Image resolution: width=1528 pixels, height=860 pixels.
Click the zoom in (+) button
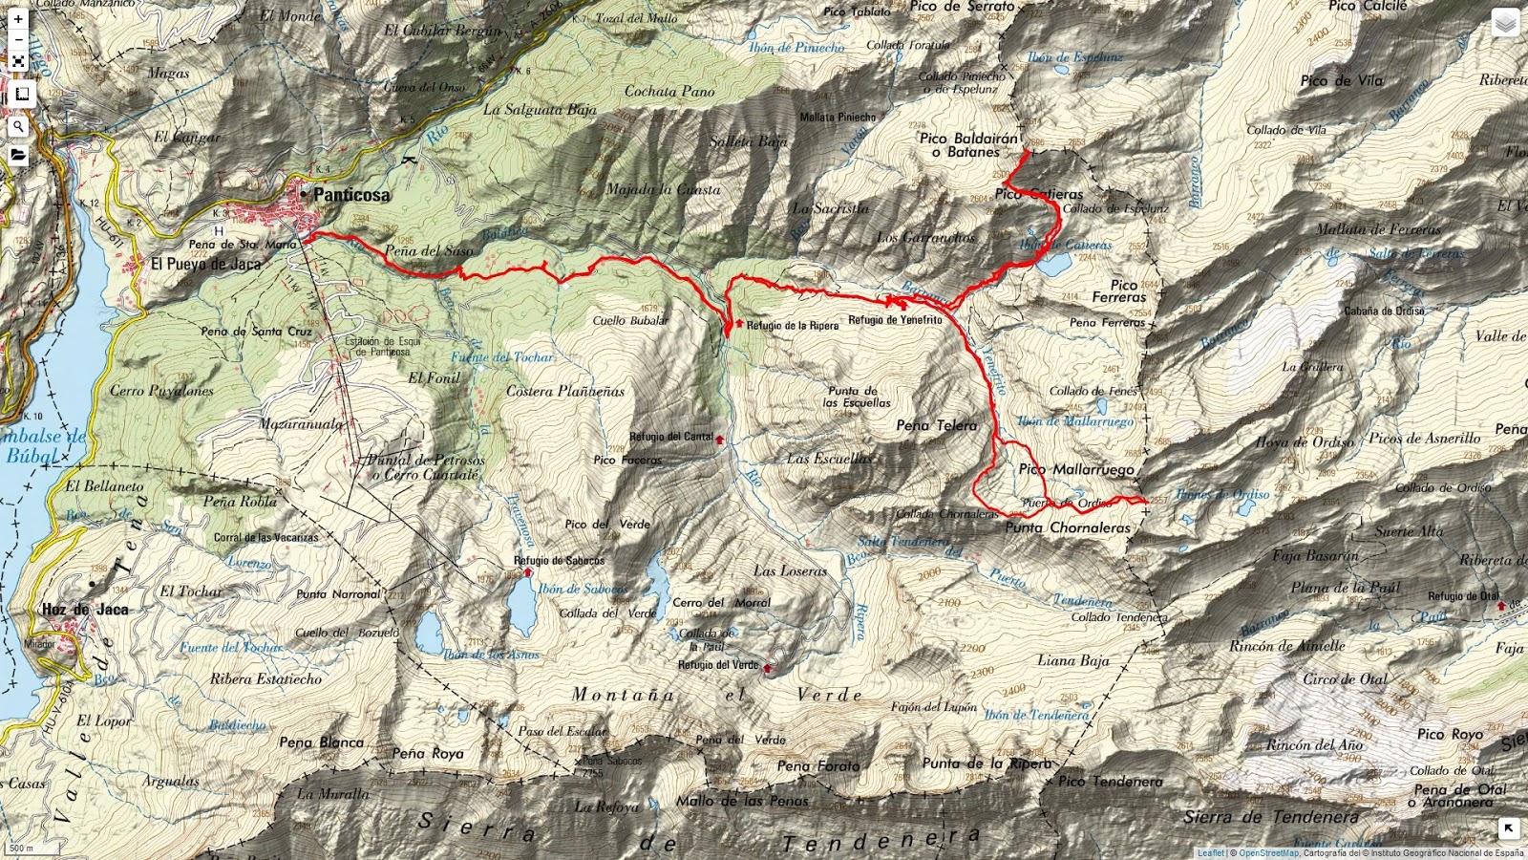pyautogui.click(x=18, y=19)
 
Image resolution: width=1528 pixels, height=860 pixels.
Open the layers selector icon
pyautogui.click(x=1505, y=23)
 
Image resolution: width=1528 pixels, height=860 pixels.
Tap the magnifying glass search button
pyautogui.click(x=18, y=125)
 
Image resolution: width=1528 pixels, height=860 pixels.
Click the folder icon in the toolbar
pyautogui.click(x=18, y=155)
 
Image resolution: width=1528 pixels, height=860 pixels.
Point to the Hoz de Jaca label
pyautogui.click(x=85, y=610)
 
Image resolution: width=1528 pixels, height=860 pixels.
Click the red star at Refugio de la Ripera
pyautogui.click(x=739, y=323)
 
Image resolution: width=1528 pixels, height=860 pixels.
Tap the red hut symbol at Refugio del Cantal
pyautogui.click(x=719, y=440)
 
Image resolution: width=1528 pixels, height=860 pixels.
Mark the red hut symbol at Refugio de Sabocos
pyautogui.click(x=527, y=571)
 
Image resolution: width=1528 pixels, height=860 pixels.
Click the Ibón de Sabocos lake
pyautogui.click(x=521, y=608)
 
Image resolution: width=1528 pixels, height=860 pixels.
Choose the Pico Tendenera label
pyautogui.click(x=1110, y=782)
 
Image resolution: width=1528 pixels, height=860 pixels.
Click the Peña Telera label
pyautogui.click(x=936, y=426)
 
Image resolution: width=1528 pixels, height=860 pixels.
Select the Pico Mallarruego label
pyautogui.click(x=1076, y=469)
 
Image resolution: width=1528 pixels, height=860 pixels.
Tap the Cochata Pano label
pyautogui.click(x=669, y=92)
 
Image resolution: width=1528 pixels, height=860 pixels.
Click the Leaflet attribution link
pyautogui.click(x=1210, y=853)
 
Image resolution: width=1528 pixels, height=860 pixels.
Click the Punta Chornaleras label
pyautogui.click(x=1067, y=527)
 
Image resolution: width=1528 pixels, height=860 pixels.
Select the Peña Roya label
pyautogui.click(x=427, y=754)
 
